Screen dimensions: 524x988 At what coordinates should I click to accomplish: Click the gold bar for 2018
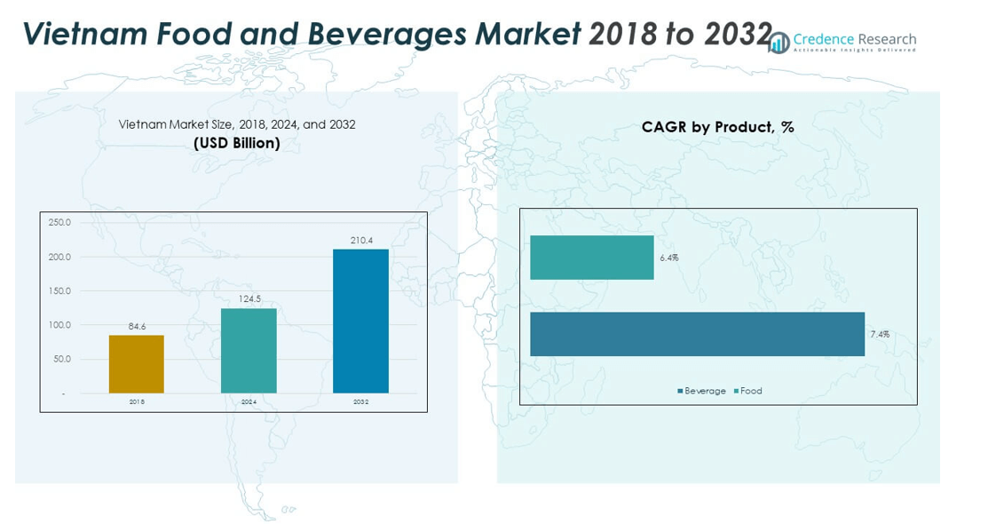tap(137, 364)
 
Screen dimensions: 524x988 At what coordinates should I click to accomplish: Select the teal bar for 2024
tap(249, 351)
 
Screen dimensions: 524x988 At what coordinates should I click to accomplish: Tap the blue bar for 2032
tap(360, 322)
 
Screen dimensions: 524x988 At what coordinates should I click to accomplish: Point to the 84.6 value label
tap(137, 327)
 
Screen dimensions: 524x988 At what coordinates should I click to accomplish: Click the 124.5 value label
tap(249, 299)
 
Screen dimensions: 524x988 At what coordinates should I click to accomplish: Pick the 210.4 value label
tap(360, 241)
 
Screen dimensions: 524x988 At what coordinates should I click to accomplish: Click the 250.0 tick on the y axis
tap(59, 222)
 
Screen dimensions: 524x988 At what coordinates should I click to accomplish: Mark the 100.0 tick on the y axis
tap(59, 325)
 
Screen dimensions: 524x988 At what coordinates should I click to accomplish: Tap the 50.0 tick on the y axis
tap(61, 359)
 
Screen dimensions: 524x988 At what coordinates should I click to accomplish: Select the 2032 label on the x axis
tap(360, 402)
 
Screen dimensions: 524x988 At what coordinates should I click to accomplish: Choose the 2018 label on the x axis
tap(137, 402)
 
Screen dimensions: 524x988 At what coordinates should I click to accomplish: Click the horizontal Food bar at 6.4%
tap(592, 258)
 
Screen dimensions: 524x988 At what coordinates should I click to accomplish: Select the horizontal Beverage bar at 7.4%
tap(697, 334)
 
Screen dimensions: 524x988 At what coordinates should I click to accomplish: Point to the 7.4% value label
tap(880, 335)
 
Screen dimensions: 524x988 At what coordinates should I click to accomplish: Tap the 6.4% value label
tap(669, 258)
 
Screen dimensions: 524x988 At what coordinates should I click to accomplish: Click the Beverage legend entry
tap(702, 391)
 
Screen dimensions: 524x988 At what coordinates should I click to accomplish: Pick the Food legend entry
tap(748, 391)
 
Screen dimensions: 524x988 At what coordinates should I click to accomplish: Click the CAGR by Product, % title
tap(717, 127)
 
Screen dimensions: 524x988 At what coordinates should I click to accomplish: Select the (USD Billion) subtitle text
tap(237, 143)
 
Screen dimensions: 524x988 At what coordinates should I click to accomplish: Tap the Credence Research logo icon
tap(779, 43)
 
